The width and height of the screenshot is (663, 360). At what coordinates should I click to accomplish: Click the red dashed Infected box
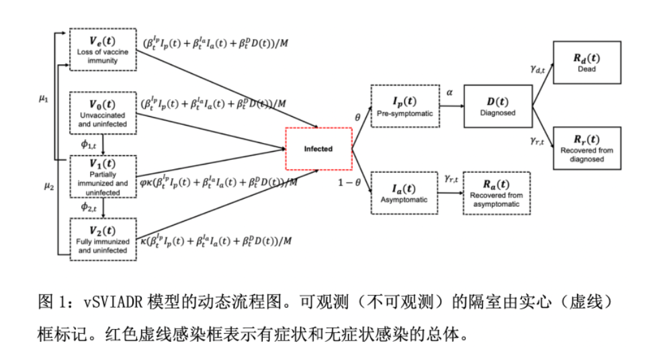tap(318, 148)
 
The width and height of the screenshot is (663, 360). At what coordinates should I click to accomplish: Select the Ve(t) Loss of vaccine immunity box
tap(103, 49)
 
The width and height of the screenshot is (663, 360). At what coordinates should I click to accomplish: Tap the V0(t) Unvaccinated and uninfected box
tap(103, 112)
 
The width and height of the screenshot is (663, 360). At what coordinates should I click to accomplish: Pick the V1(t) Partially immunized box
tap(103, 177)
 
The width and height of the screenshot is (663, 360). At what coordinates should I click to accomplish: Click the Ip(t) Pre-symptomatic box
tap(404, 107)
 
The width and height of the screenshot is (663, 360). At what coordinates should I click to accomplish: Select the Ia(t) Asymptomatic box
tap(404, 193)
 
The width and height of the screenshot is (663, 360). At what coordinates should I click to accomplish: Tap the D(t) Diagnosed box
tap(497, 106)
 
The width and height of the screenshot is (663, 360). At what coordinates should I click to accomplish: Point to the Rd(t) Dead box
tap(586, 62)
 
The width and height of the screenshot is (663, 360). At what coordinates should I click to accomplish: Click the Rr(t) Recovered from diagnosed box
tap(586, 148)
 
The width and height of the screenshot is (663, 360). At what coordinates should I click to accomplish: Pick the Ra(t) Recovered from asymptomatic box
tap(496, 193)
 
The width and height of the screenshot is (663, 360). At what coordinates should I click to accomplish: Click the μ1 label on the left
tap(43, 98)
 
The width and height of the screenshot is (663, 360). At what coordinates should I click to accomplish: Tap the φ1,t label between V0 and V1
tap(89, 143)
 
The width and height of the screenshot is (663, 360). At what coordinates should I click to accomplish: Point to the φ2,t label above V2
tap(89, 207)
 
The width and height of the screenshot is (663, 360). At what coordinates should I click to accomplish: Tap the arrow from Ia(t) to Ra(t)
tap(449, 193)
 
